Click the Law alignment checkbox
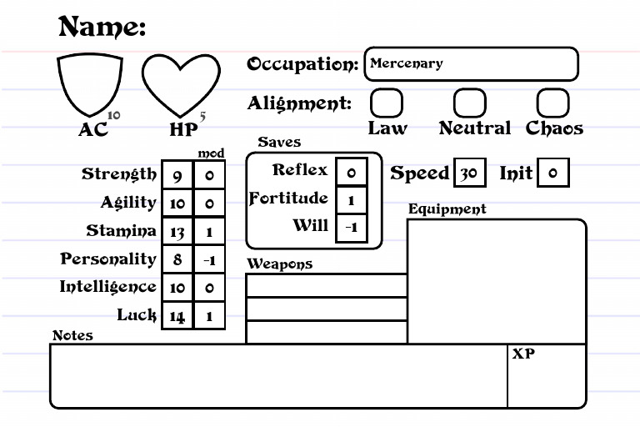(x=386, y=103)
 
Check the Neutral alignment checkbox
(x=469, y=103)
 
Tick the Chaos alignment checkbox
(x=552, y=103)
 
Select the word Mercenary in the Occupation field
(x=407, y=63)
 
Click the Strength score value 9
(x=177, y=175)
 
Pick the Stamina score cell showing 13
(x=177, y=231)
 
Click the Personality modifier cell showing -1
(x=209, y=259)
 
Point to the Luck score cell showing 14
(x=177, y=315)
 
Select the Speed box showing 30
(x=469, y=173)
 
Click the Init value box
(x=553, y=173)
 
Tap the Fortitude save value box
(x=351, y=199)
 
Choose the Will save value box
(x=351, y=228)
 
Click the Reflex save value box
(x=351, y=172)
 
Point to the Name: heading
(x=102, y=27)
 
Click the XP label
(x=523, y=354)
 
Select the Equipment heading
(x=447, y=209)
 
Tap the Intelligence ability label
(x=107, y=287)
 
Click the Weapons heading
(x=279, y=264)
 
